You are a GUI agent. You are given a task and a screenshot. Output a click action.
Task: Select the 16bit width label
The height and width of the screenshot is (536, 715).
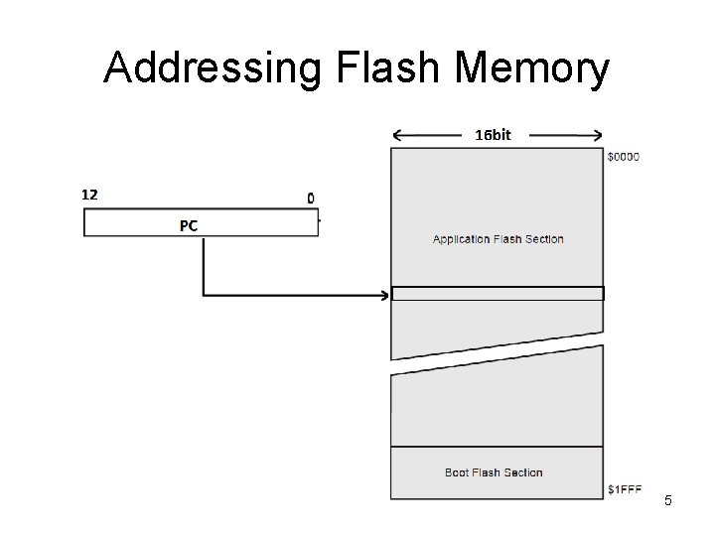(493, 135)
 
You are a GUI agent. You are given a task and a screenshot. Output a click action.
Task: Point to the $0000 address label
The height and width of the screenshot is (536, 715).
(624, 156)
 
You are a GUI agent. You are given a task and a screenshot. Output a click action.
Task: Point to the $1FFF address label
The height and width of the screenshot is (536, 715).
(625, 489)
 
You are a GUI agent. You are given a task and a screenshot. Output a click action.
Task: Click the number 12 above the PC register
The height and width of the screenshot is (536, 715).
(89, 195)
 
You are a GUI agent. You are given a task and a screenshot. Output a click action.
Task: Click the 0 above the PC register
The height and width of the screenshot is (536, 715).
(311, 198)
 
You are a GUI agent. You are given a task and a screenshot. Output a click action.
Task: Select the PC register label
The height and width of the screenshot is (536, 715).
(189, 225)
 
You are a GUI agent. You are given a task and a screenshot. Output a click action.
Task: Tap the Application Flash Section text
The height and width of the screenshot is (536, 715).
(498, 239)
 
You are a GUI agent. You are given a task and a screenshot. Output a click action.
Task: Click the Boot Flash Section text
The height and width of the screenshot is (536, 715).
(494, 472)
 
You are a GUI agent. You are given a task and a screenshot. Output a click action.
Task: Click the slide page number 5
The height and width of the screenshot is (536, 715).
(668, 500)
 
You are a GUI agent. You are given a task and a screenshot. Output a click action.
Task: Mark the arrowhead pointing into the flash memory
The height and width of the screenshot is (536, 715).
(385, 294)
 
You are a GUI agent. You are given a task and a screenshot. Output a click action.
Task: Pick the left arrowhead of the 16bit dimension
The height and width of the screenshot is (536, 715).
(398, 136)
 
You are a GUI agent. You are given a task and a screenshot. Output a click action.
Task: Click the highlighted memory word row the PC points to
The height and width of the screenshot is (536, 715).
(498, 293)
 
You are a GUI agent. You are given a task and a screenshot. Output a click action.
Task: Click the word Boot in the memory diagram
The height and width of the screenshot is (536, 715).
(458, 472)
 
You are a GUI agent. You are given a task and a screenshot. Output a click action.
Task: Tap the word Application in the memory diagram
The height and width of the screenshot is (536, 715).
(462, 239)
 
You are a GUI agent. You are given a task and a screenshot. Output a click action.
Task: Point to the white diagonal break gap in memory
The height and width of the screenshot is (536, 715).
(498, 358)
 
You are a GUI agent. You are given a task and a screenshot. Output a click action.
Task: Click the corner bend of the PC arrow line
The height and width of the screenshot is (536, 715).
(204, 294)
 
